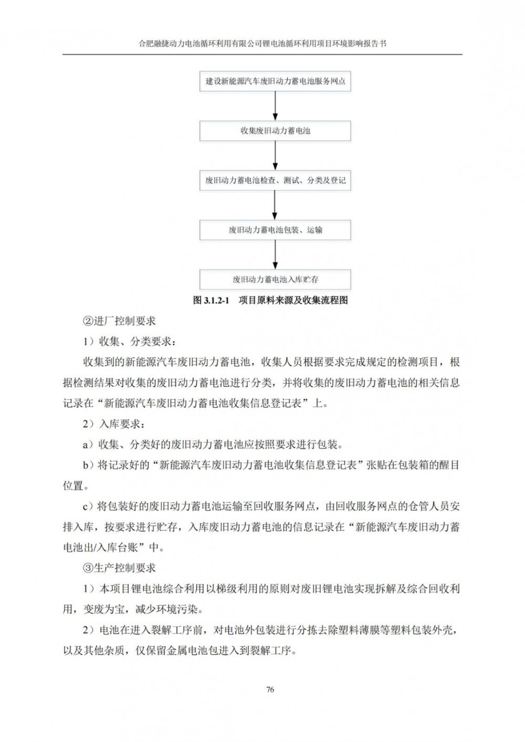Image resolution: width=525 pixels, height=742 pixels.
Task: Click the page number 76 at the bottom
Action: point(270,690)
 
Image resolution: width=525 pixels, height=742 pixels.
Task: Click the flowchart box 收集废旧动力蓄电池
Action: point(275,131)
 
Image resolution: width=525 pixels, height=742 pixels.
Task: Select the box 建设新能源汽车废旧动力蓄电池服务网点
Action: point(275,82)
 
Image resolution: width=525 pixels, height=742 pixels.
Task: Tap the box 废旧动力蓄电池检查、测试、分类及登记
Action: point(275,181)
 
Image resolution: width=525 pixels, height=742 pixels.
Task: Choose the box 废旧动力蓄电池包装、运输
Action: point(275,230)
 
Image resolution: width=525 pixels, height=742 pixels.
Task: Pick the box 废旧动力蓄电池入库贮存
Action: point(275,279)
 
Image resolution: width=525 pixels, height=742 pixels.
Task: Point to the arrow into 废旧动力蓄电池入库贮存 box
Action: point(275,255)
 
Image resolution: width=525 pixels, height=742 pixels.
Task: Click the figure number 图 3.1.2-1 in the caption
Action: point(212,301)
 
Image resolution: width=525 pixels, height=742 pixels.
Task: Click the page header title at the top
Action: point(262,45)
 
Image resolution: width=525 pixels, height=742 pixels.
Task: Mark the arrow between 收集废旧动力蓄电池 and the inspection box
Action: point(275,155)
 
